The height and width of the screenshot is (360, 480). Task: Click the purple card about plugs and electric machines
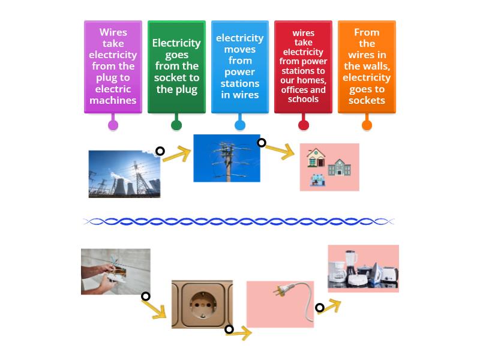point(113,67)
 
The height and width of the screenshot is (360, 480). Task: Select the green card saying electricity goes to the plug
point(176,67)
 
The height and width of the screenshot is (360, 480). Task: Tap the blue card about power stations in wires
point(240,67)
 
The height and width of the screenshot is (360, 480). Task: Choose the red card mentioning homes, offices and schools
point(303,67)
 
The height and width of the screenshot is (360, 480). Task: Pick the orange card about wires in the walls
point(367,67)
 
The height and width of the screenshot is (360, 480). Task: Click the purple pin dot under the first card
point(113,125)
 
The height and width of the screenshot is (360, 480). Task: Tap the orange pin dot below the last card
point(367,125)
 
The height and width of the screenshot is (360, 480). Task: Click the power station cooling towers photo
point(124,174)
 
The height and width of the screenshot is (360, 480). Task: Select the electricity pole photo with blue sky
point(227,158)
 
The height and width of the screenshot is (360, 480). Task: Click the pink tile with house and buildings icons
point(329,167)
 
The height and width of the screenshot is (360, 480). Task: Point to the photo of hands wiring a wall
point(116,271)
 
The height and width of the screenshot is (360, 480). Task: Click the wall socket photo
point(202,304)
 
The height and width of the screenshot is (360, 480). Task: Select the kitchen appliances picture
point(363,268)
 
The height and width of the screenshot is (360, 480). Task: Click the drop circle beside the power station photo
point(160,151)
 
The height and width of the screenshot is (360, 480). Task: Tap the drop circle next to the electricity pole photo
point(262,143)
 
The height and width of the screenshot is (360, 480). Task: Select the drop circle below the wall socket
point(229,329)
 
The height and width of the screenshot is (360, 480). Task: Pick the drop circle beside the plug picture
point(320,308)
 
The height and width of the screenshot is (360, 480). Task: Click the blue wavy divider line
point(238,221)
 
